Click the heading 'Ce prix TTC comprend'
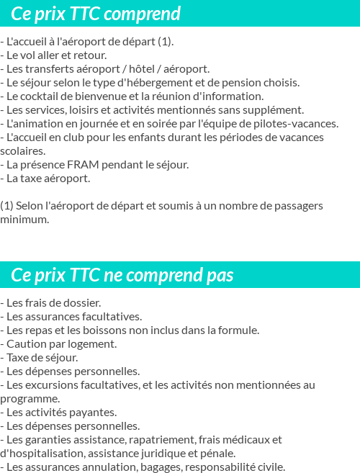point(96,14)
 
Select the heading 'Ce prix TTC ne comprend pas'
point(122,276)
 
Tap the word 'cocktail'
point(47,96)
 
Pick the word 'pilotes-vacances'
point(296,123)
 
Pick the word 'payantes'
point(92,412)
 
